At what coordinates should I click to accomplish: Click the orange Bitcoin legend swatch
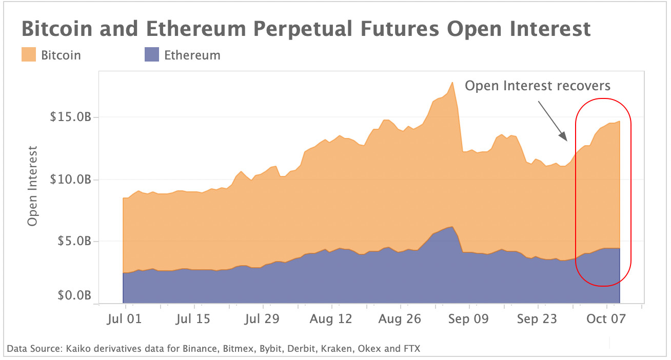29,55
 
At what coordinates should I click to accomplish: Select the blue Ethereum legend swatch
152,55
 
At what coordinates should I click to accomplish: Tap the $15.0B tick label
70,117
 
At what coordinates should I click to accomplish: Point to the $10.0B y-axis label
70,179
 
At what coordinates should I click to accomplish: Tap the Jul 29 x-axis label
262,319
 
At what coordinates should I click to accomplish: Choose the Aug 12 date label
331,319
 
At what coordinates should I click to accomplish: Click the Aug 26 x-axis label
400,319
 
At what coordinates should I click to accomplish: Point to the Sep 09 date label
468,319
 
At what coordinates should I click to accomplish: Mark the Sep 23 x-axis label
537,319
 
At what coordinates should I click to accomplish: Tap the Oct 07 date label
605,319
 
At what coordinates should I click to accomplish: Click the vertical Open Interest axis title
33,186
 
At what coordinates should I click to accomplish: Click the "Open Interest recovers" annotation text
538,85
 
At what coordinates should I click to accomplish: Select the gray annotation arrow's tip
566,141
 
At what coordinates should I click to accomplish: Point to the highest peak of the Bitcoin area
452,82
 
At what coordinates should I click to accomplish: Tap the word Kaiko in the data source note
78,349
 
